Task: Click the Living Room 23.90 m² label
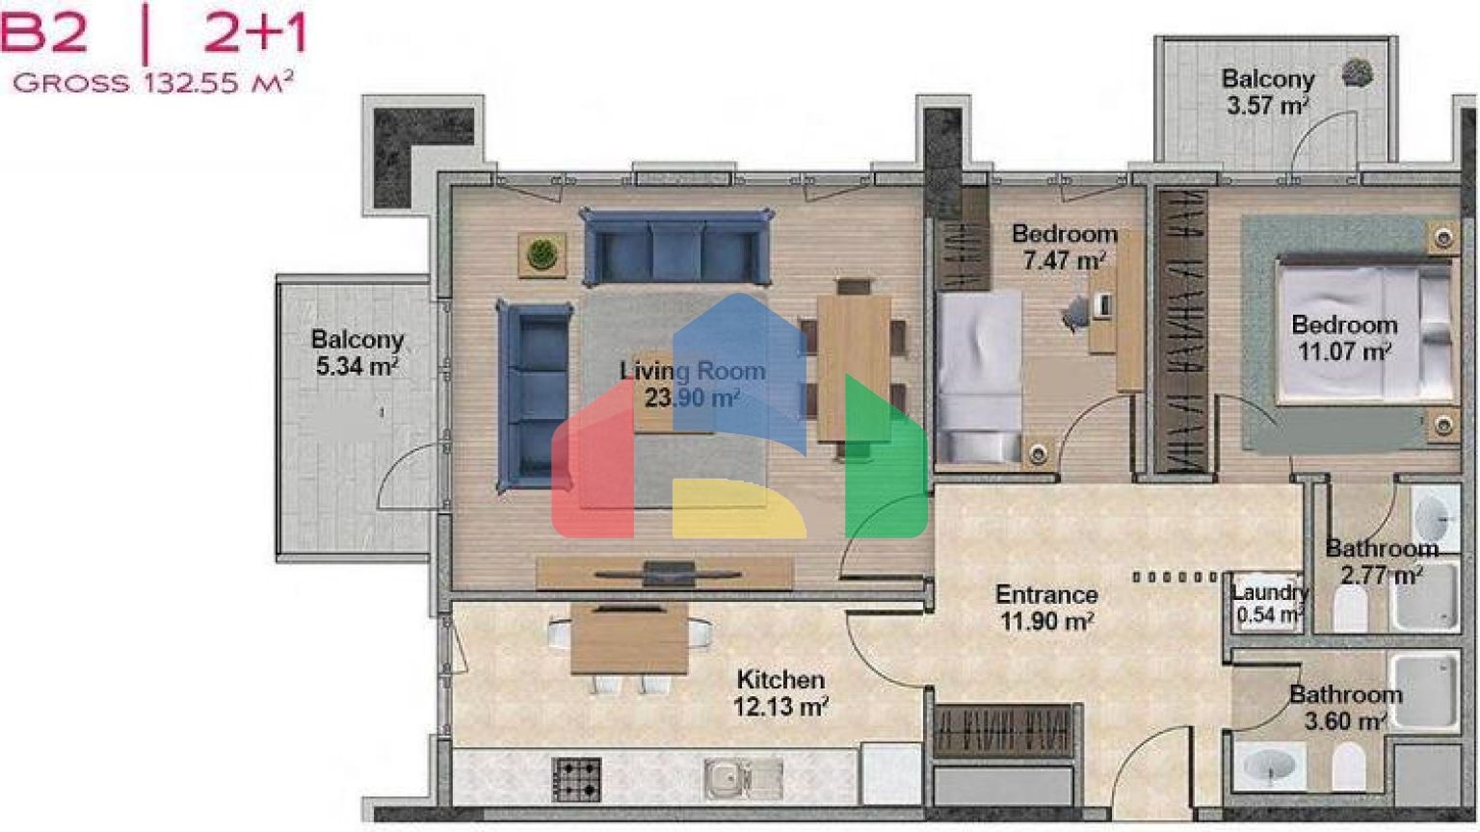[x=693, y=383]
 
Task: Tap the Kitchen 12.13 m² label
[x=781, y=692]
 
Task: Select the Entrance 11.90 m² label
[x=1046, y=608]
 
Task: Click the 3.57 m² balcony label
[x=1268, y=91]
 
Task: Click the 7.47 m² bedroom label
[x=1065, y=247]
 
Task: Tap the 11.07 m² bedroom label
[x=1344, y=337]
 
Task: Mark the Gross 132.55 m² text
[x=153, y=83]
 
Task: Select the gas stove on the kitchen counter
[x=576, y=779]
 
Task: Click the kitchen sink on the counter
[x=743, y=779]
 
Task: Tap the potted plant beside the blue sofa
[x=542, y=254]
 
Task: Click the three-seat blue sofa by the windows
[x=677, y=247]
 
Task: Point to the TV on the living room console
[x=669, y=574]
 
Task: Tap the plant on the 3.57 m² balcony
[x=1358, y=72]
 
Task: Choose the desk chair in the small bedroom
[x=1076, y=312]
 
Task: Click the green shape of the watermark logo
[x=885, y=455]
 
